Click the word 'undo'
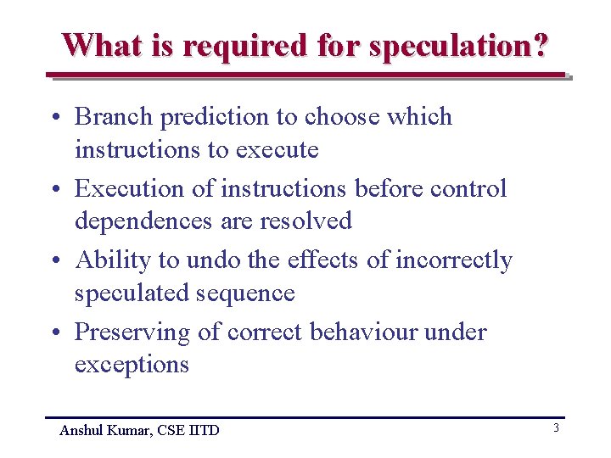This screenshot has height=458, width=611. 214,260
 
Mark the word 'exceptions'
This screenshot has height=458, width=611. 132,365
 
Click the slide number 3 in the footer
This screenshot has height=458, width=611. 556,428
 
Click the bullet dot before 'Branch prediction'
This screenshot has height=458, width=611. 53,118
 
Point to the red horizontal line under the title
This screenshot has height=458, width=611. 305,75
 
